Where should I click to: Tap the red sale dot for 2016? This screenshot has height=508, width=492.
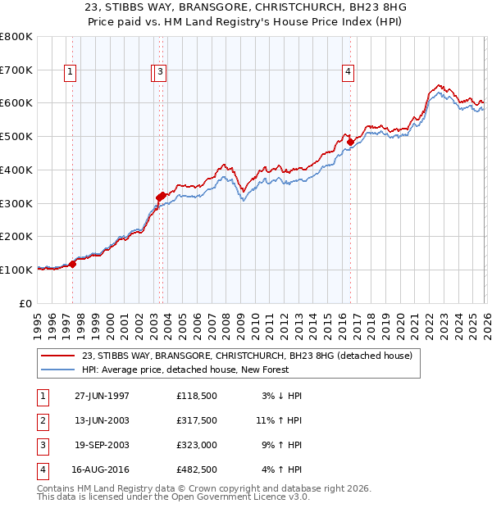tap(350, 142)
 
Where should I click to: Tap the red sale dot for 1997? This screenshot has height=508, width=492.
tap(72, 264)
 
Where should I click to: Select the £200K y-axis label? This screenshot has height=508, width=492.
tap(16, 236)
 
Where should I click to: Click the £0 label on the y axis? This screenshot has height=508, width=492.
tap(25, 303)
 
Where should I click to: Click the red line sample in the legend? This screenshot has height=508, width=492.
tap(59, 356)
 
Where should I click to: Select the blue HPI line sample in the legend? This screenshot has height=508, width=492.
tap(59, 370)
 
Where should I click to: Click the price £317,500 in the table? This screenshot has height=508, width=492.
tap(196, 420)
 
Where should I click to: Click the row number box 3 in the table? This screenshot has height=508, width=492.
tap(42, 445)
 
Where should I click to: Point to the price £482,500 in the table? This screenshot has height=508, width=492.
tap(196, 469)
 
